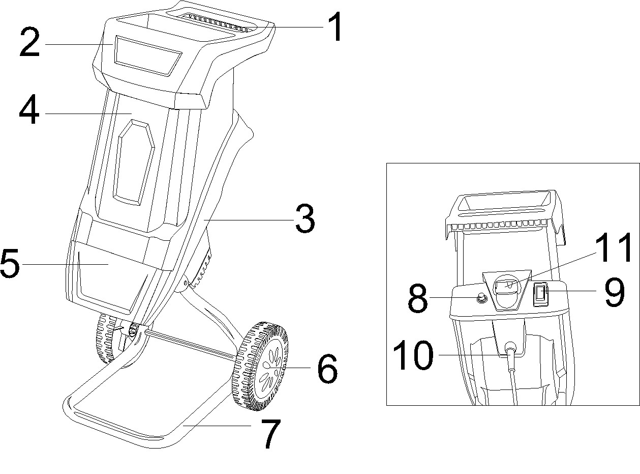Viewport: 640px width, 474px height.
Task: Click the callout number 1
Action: (x=334, y=27)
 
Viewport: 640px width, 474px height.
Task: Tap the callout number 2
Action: (x=29, y=42)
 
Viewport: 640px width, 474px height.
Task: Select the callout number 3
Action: (x=305, y=218)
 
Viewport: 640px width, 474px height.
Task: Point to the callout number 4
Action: (x=29, y=109)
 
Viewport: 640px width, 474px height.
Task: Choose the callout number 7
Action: (x=270, y=434)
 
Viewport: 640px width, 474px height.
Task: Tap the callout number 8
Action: (x=417, y=298)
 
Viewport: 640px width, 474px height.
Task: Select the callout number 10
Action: (x=413, y=355)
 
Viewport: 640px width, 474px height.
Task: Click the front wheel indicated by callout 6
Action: (x=260, y=367)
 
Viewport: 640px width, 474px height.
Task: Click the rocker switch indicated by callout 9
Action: (x=540, y=294)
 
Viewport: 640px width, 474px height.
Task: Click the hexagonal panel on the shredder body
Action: (x=134, y=163)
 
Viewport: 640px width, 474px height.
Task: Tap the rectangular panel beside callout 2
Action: (x=148, y=56)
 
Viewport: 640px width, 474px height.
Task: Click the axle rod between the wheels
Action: (x=191, y=346)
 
